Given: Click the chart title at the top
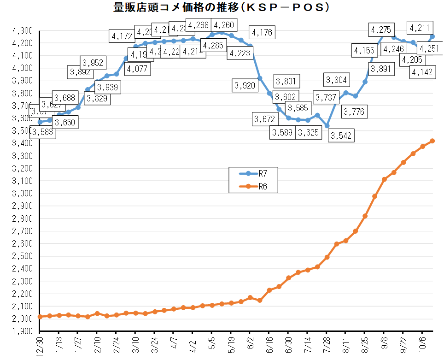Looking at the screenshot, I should [x=222, y=7].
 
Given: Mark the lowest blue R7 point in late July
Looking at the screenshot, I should [x=327, y=125].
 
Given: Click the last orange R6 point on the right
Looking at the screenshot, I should [x=432, y=141].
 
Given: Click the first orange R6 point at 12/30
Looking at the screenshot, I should [x=40, y=317].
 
